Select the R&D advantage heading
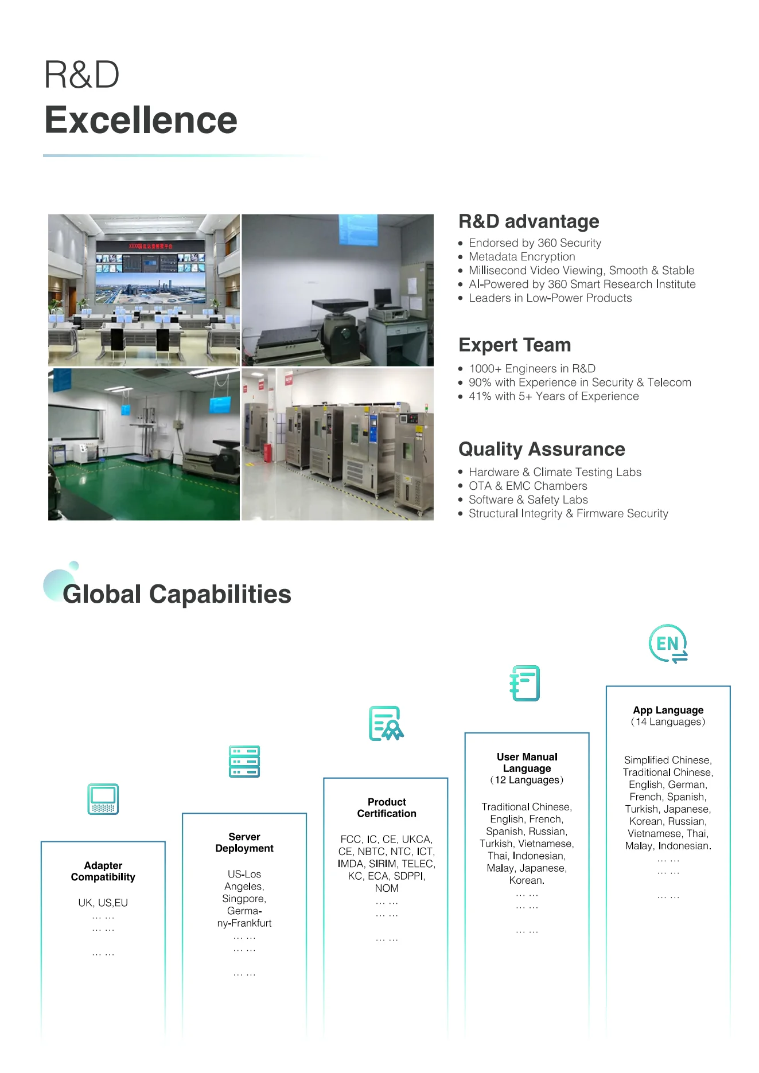click(x=528, y=221)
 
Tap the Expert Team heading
click(x=515, y=345)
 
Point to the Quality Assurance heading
click(x=542, y=449)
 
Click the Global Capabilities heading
click(x=177, y=594)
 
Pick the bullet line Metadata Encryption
click(x=521, y=257)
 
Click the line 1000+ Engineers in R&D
click(x=532, y=369)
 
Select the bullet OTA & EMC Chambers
click(x=528, y=486)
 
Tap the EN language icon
click(x=668, y=643)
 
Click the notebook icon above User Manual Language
click(x=525, y=683)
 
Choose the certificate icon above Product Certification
click(x=386, y=723)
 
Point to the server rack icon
click(x=244, y=762)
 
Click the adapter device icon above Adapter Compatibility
click(x=103, y=799)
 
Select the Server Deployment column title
click(x=244, y=842)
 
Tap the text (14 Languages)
click(x=668, y=722)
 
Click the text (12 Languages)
click(x=527, y=780)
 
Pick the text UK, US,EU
click(x=103, y=903)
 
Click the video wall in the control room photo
click(x=150, y=272)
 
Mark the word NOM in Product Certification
click(x=387, y=888)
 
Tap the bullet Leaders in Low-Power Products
click(x=550, y=298)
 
